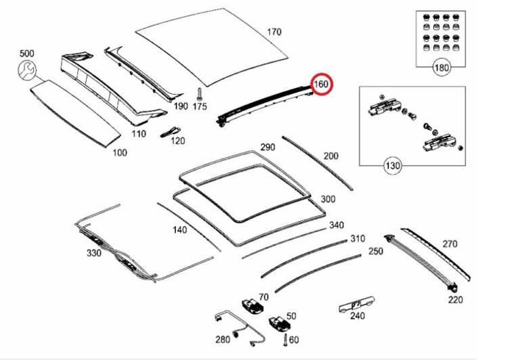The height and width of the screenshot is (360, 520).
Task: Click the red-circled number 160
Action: (321, 85)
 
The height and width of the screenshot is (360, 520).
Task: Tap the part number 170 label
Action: (274, 32)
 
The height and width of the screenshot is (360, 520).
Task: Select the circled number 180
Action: (441, 67)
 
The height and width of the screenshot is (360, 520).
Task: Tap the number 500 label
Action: (26, 53)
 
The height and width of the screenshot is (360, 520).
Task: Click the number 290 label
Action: (267, 148)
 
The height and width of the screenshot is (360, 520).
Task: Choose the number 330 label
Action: (93, 253)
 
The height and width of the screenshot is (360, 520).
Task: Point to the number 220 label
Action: (456, 300)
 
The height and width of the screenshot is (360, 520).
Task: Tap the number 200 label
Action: (330, 156)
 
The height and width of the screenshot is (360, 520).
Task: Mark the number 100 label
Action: (119, 152)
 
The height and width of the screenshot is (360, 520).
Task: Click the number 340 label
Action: (336, 225)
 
